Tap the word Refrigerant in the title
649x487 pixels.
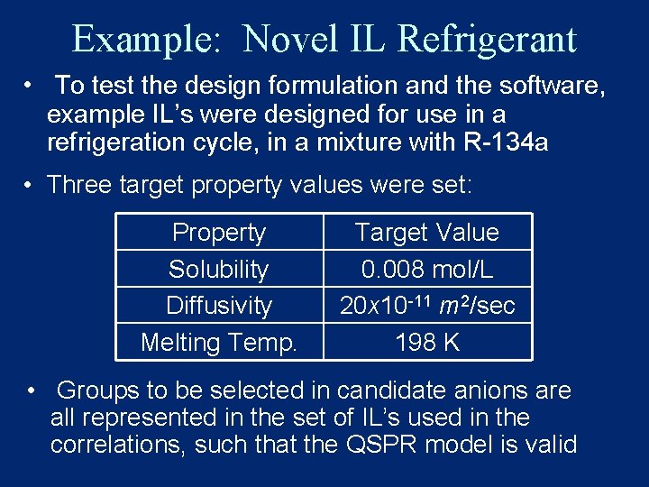(486, 39)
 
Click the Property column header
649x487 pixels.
(219, 233)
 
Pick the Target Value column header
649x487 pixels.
(427, 233)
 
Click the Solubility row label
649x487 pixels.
(219, 269)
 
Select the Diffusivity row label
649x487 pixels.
(219, 305)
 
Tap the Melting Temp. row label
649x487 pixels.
(219, 343)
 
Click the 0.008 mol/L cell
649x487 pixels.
(427, 269)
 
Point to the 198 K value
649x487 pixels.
(427, 343)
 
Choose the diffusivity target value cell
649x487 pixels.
(427, 306)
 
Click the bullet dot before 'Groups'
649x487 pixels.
(32, 391)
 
